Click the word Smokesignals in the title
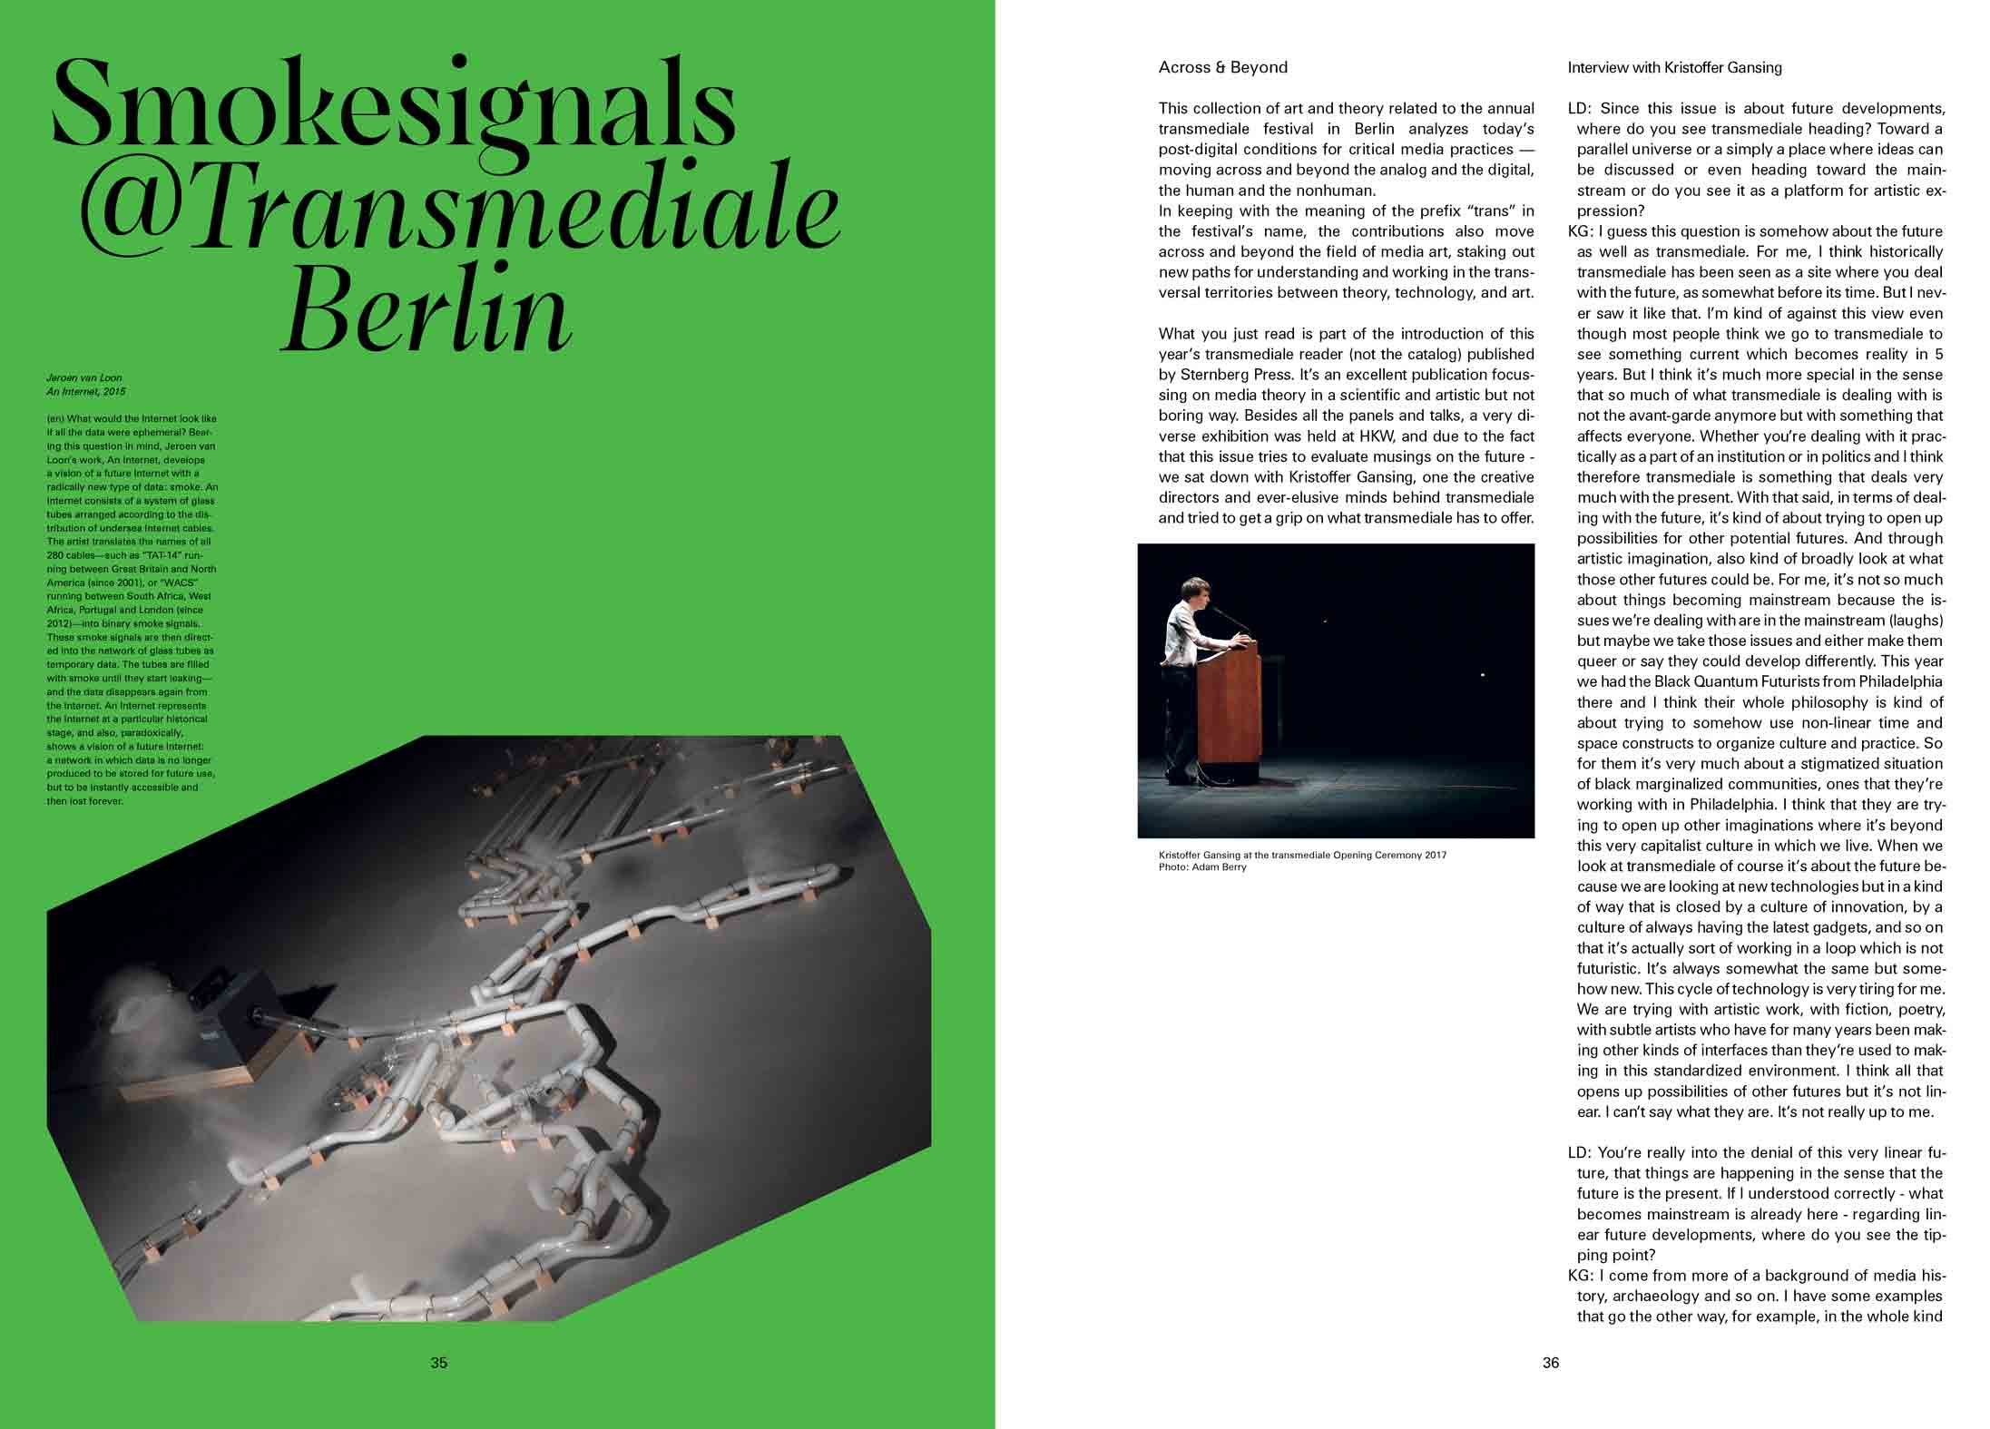pyautogui.click(x=394, y=104)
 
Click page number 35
pyautogui.click(x=438, y=1362)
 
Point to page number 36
pyautogui.click(x=1550, y=1362)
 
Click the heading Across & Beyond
pyautogui.click(x=1222, y=67)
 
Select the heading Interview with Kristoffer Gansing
pyautogui.click(x=1674, y=68)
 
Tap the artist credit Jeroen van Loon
pyautogui.click(x=83, y=377)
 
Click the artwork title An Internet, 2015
pyautogui.click(x=86, y=392)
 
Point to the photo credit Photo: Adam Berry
pyautogui.click(x=1202, y=867)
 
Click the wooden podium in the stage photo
pyautogui.click(x=1229, y=708)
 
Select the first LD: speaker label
pyautogui.click(x=1579, y=109)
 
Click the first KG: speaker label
pyautogui.click(x=1580, y=231)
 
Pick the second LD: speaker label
pyautogui.click(x=1579, y=1153)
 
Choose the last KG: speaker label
pyautogui.click(x=1580, y=1276)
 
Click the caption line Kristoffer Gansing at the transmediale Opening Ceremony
pyautogui.click(x=1302, y=855)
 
